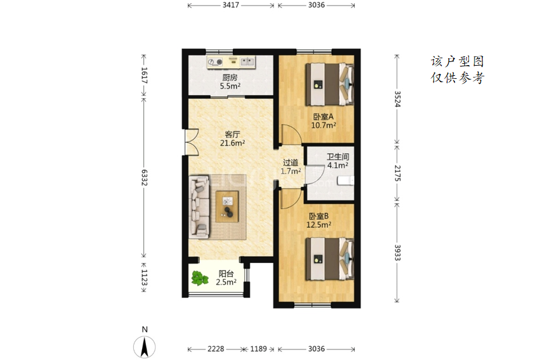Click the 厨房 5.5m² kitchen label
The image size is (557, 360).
click(230, 82)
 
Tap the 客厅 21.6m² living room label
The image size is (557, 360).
click(232, 138)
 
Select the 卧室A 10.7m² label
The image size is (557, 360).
click(324, 121)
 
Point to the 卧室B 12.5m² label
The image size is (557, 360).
click(319, 220)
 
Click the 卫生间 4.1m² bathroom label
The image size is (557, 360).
click(337, 161)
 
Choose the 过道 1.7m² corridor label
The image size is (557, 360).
click(290, 167)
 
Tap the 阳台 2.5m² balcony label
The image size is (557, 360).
click(226, 278)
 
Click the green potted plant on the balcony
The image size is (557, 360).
click(200, 278)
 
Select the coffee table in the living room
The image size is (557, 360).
click(227, 207)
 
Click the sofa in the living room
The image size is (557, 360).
click(199, 207)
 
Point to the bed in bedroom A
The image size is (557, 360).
click(330, 85)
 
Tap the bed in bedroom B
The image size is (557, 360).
click(330, 259)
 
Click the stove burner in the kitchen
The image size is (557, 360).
click(215, 62)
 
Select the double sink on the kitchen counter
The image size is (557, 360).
click(248, 62)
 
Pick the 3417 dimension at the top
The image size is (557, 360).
click(231, 5)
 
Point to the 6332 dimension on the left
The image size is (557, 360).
click(144, 177)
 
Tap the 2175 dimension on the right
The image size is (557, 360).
click(397, 173)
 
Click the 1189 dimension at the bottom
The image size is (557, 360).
click(258, 349)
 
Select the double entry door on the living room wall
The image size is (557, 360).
click(190, 141)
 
